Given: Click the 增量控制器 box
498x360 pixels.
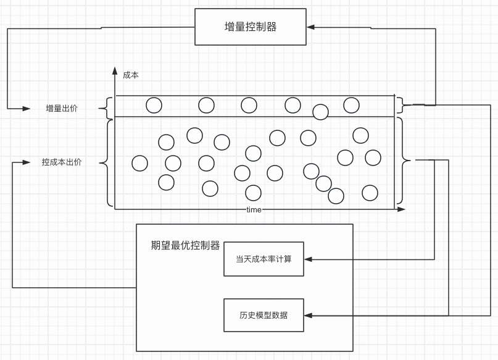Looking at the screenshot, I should coord(251,27).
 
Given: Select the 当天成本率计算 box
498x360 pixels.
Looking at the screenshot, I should coord(264,259).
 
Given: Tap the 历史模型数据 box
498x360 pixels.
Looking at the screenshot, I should coord(264,315).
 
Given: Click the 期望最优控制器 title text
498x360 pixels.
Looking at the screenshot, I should coord(185,245).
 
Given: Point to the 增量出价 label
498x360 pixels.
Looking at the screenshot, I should coord(62,109).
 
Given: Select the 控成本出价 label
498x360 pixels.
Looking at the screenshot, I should coord(62,162).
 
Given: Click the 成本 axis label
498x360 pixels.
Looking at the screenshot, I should coord(131,75).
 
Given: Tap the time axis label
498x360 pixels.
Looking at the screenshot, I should coord(254,210).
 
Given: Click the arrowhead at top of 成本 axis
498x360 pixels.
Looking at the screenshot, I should coord(115,70).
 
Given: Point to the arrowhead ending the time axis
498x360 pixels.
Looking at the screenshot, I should coord(402,209).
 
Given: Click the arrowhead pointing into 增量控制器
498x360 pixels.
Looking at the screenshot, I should coord(310,27).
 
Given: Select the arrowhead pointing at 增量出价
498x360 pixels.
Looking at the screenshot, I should coord(27,109).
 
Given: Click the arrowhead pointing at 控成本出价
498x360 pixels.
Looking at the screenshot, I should coord(27,162).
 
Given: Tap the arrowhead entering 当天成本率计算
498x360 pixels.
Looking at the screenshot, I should coord(308,259).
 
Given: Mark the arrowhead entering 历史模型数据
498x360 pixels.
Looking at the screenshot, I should coord(308,316).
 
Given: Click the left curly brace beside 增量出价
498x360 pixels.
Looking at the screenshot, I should coord(109,108).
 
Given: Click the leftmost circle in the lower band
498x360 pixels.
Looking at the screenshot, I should coord(140,163).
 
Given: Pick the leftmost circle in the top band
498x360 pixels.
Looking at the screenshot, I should coord(154,106).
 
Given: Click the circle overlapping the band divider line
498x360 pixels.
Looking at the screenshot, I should coord(320,112).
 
